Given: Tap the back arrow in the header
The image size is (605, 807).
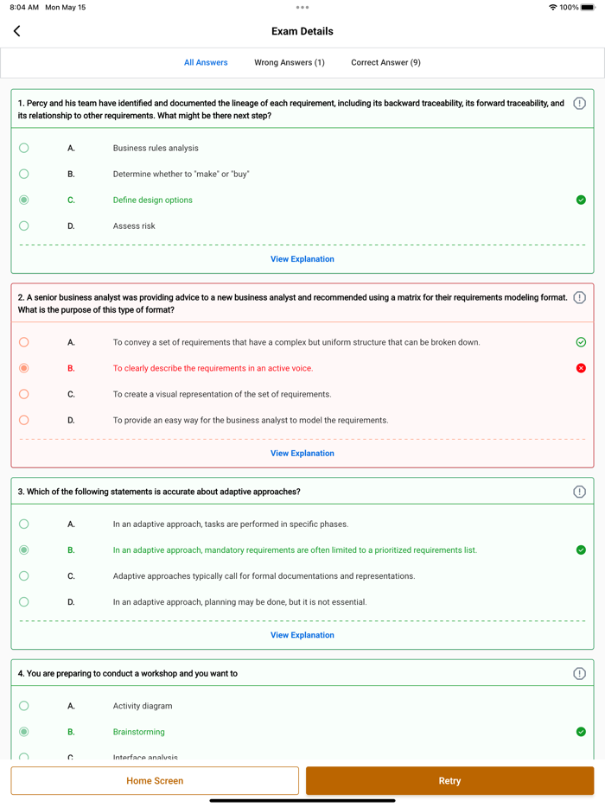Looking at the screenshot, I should (x=17, y=31).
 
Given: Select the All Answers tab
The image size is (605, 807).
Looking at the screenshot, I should (x=206, y=62).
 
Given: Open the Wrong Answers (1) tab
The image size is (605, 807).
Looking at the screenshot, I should (x=290, y=62).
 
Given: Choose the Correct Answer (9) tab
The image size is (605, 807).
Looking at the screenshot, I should (x=385, y=62).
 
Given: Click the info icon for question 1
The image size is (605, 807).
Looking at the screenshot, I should (x=579, y=104).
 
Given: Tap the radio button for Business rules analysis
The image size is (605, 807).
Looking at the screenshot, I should (x=24, y=149).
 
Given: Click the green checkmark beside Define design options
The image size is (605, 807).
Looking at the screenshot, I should (x=581, y=200).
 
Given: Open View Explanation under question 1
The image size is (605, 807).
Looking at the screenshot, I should (x=302, y=259).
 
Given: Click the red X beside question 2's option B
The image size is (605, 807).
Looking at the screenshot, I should (x=581, y=368).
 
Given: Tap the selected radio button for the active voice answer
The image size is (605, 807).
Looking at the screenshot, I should (x=24, y=368).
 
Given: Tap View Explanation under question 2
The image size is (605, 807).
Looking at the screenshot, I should (x=302, y=454).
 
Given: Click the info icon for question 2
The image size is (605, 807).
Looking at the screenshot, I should (x=579, y=298).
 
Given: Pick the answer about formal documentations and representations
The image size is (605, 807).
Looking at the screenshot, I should (x=264, y=576).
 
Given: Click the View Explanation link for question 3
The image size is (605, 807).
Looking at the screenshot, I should (x=302, y=635).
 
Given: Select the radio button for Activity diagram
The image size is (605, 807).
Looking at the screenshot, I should (x=24, y=706).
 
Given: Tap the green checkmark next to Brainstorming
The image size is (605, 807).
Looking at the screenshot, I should (x=581, y=732).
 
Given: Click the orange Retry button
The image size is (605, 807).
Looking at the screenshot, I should (x=449, y=780).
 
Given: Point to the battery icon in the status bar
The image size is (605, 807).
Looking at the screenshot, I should (x=588, y=7).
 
